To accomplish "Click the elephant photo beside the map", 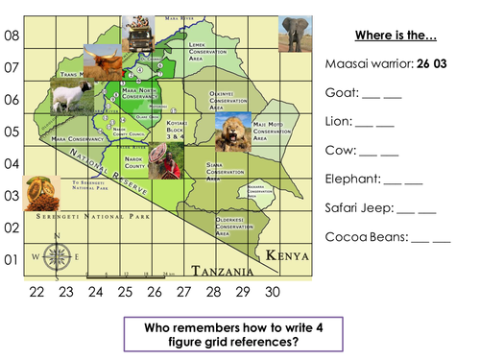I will click(295, 32).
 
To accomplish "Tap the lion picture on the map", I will click(232, 132).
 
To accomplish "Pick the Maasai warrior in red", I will click(171, 164).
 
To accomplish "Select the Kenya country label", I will click(287, 255).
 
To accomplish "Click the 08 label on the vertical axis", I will click(12, 36).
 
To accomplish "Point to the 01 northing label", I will click(12, 260).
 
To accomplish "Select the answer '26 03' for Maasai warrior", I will click(439, 64).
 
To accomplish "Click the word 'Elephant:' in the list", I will click(352, 178).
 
